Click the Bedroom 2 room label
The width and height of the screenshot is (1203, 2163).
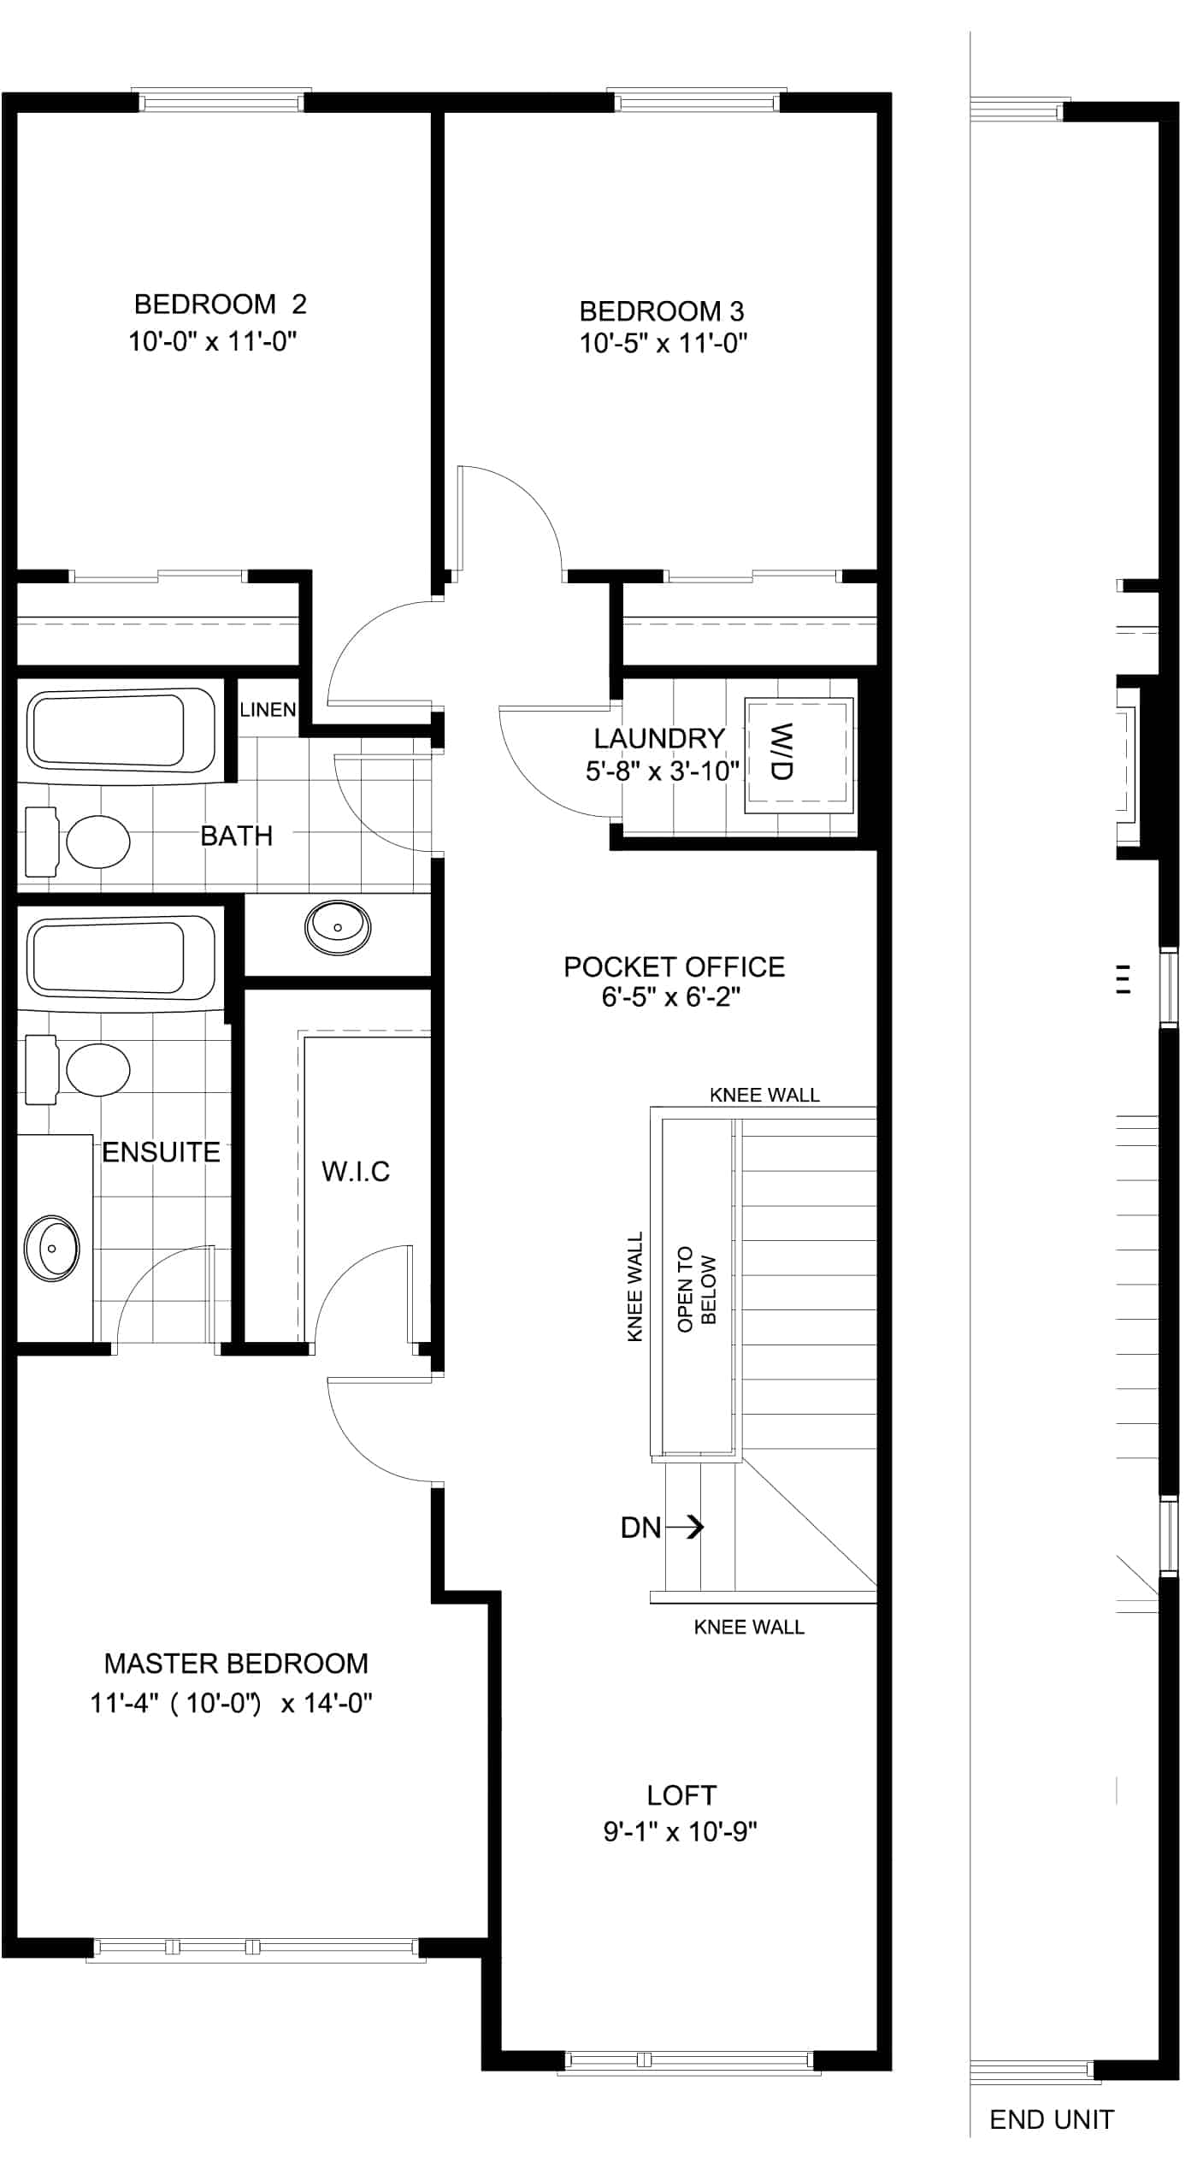220,304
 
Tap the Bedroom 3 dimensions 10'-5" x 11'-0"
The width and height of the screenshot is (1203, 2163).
663,344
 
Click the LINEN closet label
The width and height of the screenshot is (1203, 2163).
268,710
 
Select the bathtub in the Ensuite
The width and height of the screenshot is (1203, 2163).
121,958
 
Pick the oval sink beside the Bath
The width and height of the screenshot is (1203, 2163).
338,927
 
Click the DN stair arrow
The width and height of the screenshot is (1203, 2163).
684,1527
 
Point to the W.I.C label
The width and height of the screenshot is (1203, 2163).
356,1171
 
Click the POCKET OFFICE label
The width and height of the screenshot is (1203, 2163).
674,966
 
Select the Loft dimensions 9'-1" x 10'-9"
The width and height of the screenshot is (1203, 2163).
681,1831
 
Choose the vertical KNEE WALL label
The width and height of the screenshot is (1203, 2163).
634,1286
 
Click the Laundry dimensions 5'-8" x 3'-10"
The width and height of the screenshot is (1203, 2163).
663,771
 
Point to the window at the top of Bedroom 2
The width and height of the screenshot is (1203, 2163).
221,101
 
